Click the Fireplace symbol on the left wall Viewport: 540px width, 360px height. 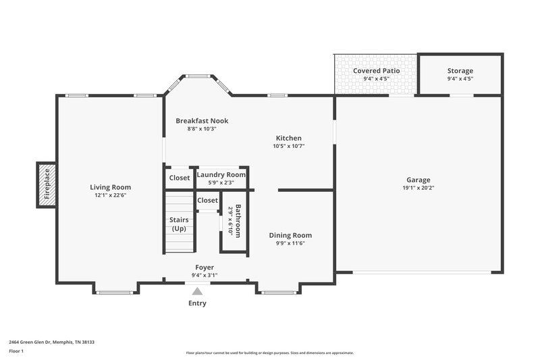pos(46,184)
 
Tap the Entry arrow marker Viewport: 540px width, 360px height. pos(197,291)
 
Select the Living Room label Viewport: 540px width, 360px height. pos(111,187)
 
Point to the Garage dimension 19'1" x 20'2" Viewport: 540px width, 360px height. pos(418,188)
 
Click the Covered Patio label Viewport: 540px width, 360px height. pos(377,71)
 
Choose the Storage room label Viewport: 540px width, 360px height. pos(460,71)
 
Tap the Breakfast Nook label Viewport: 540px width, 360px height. pos(202,121)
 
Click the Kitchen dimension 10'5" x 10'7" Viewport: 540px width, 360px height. pos(289,145)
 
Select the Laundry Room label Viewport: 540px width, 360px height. pos(221,175)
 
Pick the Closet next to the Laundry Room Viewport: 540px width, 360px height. pos(179,178)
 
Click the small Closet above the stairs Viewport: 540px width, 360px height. pos(207,200)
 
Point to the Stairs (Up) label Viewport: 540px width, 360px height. pos(179,224)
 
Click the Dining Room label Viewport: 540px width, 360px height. pos(290,235)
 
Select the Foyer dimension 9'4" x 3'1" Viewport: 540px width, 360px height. pos(205,275)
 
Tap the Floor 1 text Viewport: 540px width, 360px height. pos(16,351)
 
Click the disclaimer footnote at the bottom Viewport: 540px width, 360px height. pos(269,353)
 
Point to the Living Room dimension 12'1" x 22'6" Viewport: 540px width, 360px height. pos(111,195)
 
